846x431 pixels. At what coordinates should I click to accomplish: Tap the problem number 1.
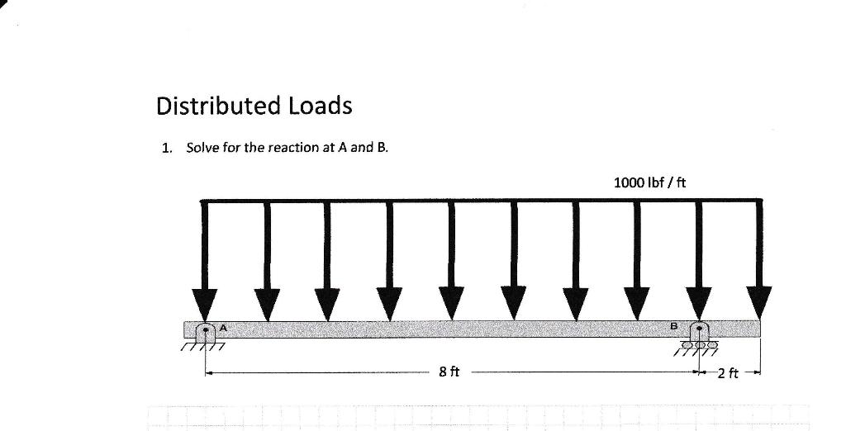pyautogui.click(x=167, y=149)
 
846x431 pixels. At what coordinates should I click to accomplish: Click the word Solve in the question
pyautogui.click(x=202, y=148)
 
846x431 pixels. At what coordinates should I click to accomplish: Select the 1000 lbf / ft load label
pyautogui.click(x=650, y=182)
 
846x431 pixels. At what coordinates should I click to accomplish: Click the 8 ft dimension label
pyautogui.click(x=449, y=372)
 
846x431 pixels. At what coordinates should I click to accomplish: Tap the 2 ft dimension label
pyautogui.click(x=728, y=373)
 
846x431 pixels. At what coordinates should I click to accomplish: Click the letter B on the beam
pyautogui.click(x=673, y=327)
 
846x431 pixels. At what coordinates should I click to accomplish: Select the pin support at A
pyautogui.click(x=206, y=333)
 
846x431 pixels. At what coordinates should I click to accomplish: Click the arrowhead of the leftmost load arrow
pyautogui.click(x=206, y=302)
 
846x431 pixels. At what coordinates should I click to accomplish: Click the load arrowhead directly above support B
pyautogui.click(x=699, y=302)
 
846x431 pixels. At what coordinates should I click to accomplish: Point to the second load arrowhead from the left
pyautogui.click(x=267, y=302)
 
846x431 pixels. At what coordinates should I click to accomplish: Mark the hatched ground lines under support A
pyautogui.click(x=203, y=348)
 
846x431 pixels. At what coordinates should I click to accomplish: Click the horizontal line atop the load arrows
pyautogui.click(x=479, y=200)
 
